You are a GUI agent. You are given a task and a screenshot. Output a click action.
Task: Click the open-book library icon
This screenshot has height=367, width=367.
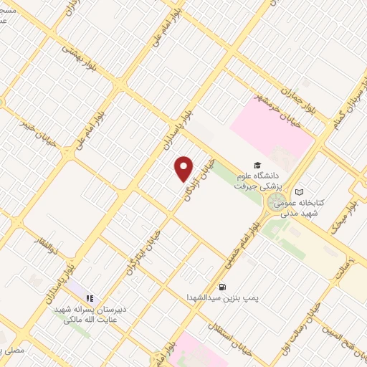[x=299, y=192]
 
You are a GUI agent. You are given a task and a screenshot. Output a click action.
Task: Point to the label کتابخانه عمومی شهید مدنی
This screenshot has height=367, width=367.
[x=310, y=209]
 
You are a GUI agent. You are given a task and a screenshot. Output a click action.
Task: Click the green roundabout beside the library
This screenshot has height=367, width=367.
[x=277, y=203]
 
